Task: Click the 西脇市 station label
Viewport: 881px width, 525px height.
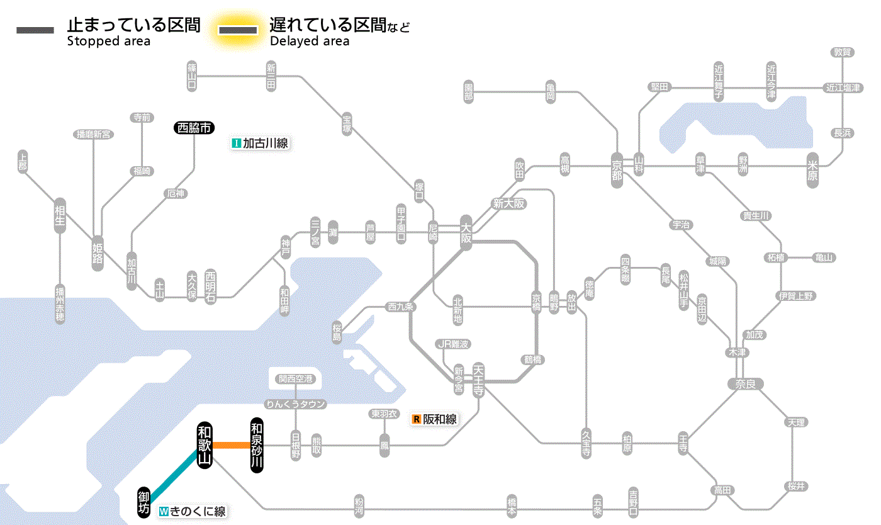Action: (x=194, y=128)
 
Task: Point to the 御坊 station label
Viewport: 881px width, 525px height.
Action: (x=144, y=502)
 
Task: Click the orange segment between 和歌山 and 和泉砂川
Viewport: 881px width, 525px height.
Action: (x=230, y=446)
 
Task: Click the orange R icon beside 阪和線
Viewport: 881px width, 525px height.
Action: (x=416, y=419)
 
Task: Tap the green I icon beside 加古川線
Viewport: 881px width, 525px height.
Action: (x=237, y=144)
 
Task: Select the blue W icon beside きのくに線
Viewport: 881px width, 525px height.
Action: (x=164, y=512)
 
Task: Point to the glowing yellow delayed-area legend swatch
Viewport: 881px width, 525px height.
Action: (x=238, y=30)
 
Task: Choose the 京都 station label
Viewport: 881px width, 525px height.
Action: (x=617, y=167)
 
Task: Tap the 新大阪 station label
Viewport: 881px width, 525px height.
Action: (x=508, y=203)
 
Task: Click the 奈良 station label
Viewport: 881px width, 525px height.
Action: (x=745, y=383)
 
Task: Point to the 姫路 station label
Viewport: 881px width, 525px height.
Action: (x=98, y=252)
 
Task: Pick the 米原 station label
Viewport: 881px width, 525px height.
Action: (x=813, y=170)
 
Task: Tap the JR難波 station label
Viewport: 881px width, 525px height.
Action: (x=453, y=344)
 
